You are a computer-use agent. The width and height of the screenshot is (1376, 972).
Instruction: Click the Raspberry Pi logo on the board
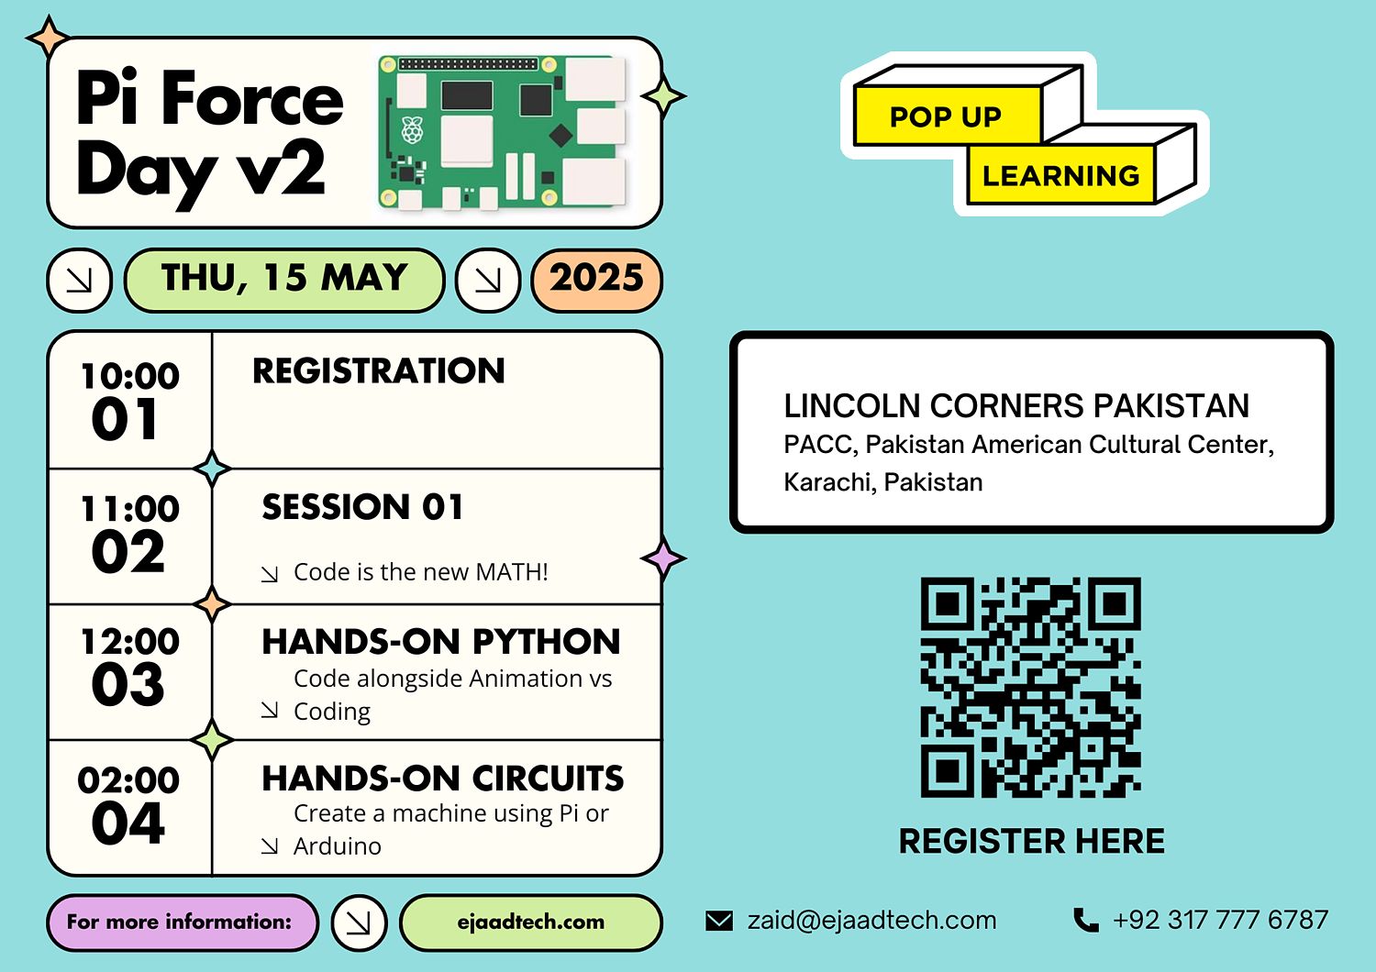pos(412,129)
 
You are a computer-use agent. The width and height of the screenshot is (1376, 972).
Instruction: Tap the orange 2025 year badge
pos(596,280)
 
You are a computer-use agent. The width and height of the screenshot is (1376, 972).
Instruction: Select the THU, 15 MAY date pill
pos(283,280)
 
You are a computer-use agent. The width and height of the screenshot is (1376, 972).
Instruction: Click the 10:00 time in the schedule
pos(130,375)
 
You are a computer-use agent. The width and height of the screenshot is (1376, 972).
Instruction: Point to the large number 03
pos(128,685)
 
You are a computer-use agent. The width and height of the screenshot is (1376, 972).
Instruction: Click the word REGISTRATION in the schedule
pos(378,370)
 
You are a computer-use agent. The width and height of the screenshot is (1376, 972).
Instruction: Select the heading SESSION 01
pos(362,506)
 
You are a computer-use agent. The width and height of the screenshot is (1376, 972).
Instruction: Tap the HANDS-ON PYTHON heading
pos(441,642)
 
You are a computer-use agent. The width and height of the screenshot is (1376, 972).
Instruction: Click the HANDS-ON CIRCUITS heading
pos(443,778)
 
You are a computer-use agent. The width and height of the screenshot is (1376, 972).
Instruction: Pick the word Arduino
pos(338,846)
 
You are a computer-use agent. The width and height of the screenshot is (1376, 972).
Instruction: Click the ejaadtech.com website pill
pos(531,922)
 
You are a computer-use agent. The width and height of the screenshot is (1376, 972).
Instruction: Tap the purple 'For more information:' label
pos(183,922)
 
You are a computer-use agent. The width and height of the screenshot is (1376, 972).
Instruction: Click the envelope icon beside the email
pos(718,921)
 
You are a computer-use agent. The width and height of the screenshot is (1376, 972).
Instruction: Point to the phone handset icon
pos(1086,920)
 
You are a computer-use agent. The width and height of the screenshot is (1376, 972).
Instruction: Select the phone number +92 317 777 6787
pos(1220,920)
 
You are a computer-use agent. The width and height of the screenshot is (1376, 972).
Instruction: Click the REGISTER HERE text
pos(1031,841)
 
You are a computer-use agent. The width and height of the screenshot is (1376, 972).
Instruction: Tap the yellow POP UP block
pos(947,116)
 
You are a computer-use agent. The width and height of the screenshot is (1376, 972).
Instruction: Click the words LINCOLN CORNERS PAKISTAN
pos(1016,406)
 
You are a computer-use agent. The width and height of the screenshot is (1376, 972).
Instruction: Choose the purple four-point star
pos(663,558)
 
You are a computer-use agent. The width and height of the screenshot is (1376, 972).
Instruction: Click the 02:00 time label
pos(128,779)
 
